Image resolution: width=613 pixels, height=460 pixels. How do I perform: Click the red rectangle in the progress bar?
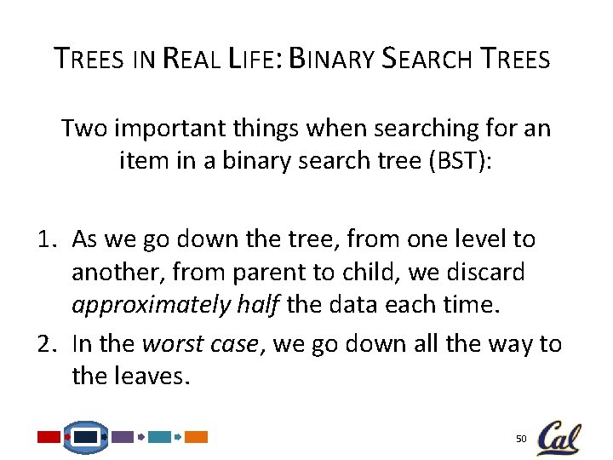pyautogui.click(x=49, y=437)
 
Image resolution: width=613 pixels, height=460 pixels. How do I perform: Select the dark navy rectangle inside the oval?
pyautogui.click(x=85, y=437)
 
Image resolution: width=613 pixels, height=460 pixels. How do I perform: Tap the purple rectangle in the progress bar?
pyautogui.click(x=123, y=437)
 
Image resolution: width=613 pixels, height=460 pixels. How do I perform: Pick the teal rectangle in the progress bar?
pyautogui.click(x=159, y=437)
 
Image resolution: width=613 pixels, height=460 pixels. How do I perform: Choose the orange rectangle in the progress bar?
pyautogui.click(x=197, y=437)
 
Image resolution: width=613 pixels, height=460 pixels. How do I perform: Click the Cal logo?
pyautogui.click(x=559, y=438)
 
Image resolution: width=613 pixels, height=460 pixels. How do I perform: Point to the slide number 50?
pyautogui.click(x=521, y=439)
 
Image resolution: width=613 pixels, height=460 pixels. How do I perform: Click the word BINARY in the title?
pyautogui.click(x=333, y=59)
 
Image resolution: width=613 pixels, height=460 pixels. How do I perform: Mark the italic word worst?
pyautogui.click(x=166, y=343)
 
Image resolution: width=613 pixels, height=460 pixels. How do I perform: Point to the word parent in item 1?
pyautogui.click(x=264, y=273)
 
